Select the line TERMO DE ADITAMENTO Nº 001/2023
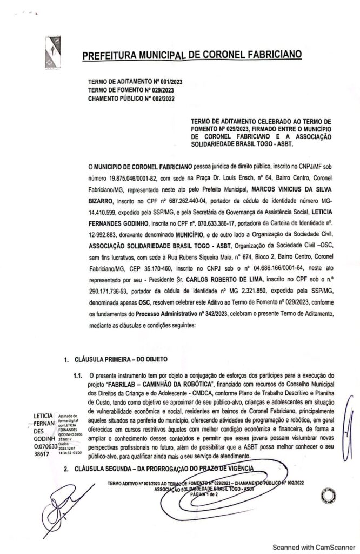pyautogui.click(x=135, y=81)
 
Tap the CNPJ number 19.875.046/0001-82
pyautogui.click(x=137, y=175)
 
